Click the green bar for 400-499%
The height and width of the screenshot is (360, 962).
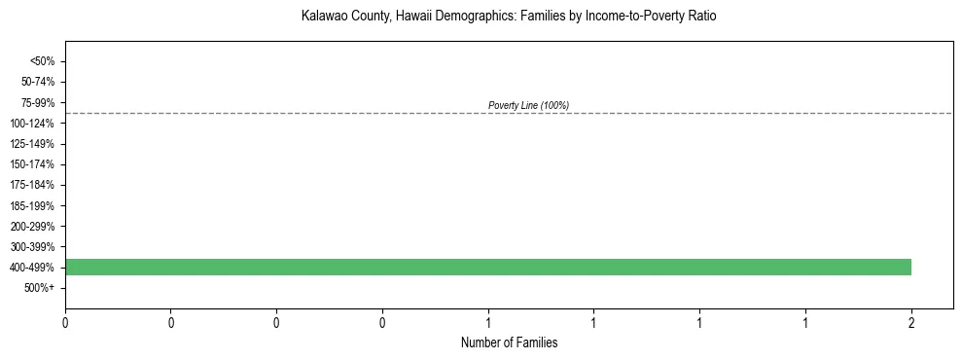pos(486,267)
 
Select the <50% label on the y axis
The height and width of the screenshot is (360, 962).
pos(42,61)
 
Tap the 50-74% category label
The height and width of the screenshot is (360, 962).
pos(36,82)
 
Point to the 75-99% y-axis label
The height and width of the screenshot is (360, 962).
pos(36,102)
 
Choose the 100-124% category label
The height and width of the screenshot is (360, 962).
pos(33,124)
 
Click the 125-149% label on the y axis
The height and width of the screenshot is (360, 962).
pos(33,144)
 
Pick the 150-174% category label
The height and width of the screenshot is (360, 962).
pos(33,164)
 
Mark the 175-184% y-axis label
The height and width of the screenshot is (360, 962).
pos(33,185)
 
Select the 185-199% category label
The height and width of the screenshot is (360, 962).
pos(33,206)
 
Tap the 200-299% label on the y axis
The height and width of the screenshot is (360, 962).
pos(33,227)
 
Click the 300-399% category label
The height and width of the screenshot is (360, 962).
pos(33,247)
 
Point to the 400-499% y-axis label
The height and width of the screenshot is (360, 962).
pos(33,268)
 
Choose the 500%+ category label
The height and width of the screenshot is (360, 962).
pos(39,288)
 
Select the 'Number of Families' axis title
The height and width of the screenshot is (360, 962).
pos(509,342)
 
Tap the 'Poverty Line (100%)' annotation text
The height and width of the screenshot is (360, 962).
pos(528,105)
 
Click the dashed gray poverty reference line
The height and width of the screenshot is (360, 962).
pos(292,113)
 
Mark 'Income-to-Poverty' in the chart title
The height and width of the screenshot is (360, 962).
pos(626,17)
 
